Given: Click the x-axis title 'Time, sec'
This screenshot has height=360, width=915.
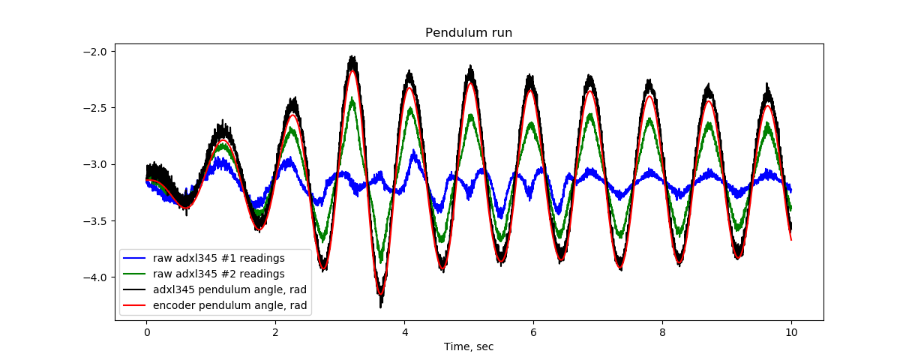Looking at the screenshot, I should click(x=469, y=346).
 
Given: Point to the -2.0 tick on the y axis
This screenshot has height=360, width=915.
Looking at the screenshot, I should click(x=97, y=51).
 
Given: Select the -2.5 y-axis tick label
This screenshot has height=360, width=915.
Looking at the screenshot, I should click(x=97, y=107).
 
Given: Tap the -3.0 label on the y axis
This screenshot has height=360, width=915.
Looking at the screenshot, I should click(x=97, y=164).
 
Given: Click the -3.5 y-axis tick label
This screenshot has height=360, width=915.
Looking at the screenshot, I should click(x=97, y=220).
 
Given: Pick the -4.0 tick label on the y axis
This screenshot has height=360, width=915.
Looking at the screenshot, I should click(x=97, y=277).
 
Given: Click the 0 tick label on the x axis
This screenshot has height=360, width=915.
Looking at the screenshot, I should click(x=146, y=332).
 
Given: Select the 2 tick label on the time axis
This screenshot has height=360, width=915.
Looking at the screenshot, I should click(x=275, y=332).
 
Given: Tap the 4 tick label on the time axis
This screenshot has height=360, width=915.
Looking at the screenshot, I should click(x=404, y=332).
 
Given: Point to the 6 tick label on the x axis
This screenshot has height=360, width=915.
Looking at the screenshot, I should click(x=533, y=332).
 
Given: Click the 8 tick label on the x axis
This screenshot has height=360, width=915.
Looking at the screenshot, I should click(x=662, y=332).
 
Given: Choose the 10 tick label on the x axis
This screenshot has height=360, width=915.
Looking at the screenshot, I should click(x=791, y=332).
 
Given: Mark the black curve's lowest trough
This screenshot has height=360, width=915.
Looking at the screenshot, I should click(x=381, y=305).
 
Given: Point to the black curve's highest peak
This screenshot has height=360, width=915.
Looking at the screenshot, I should click(x=352, y=56).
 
